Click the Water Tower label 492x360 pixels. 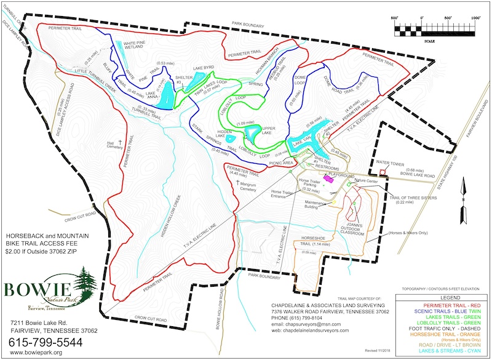click(389, 163)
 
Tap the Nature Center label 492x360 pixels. click(365, 183)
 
